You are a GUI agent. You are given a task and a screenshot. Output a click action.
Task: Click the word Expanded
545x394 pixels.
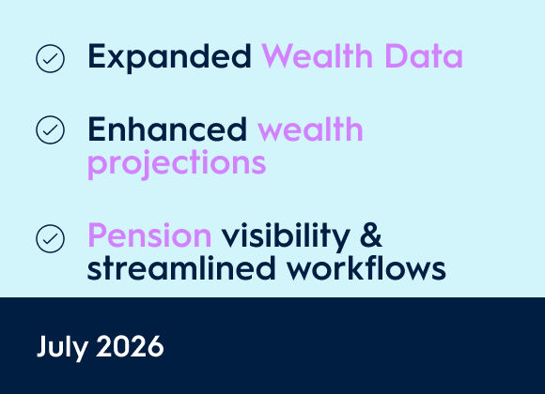169,57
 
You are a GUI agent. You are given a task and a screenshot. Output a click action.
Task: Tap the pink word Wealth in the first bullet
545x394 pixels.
317,55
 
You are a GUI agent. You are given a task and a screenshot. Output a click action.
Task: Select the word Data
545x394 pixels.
424,56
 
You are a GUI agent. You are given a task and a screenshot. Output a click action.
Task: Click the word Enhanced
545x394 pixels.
167,129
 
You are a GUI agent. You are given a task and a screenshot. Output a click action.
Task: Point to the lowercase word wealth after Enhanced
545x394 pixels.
310,129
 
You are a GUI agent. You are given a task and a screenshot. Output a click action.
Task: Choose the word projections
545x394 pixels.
177,164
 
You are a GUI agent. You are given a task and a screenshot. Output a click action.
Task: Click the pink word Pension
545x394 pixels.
149,235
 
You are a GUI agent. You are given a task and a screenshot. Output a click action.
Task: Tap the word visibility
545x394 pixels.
286,236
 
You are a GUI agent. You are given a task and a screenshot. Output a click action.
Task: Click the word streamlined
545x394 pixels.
181,267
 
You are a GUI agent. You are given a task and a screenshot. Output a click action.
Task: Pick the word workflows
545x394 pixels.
366,267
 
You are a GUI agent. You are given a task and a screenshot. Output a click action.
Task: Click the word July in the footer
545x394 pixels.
62,347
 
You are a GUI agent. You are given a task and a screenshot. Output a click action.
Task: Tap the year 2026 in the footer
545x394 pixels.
130,346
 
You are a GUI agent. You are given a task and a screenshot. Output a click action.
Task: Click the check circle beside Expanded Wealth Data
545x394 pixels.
50,58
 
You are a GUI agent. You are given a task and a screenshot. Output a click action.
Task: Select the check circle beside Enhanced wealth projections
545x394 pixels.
50,129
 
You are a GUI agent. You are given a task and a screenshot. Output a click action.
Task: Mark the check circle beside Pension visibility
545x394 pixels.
50,238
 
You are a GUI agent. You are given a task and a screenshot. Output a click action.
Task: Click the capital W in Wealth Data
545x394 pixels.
277,56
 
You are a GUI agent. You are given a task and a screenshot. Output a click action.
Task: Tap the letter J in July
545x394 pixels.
41,346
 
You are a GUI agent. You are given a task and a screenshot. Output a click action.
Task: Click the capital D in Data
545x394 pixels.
396,56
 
